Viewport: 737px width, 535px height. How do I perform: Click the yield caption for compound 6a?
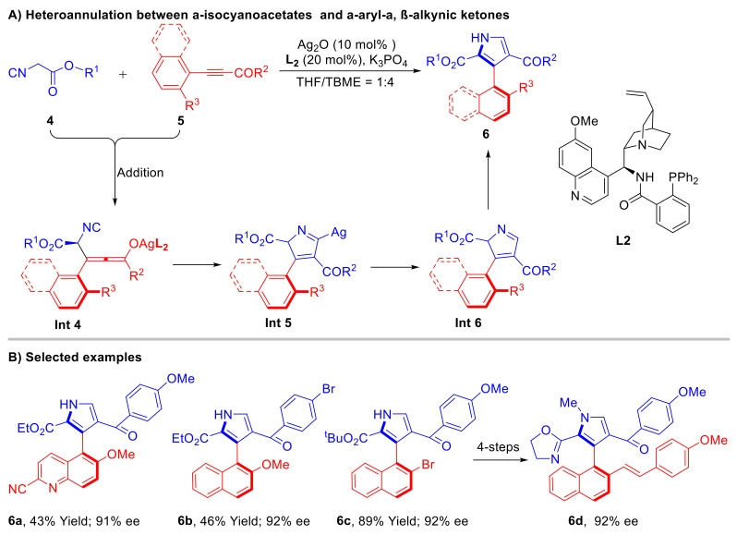79,521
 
